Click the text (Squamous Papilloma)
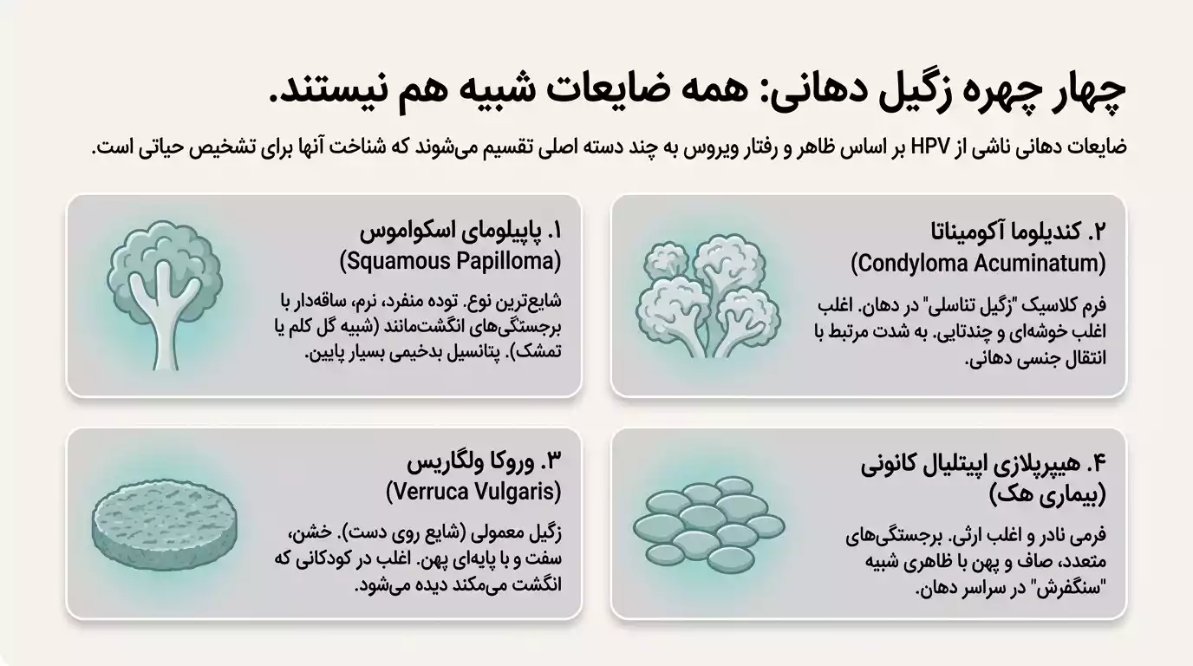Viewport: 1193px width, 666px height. click(450, 260)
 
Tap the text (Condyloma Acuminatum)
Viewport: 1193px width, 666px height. click(978, 263)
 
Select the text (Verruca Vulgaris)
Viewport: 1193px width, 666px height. click(473, 492)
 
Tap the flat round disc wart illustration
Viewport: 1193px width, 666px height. click(163, 523)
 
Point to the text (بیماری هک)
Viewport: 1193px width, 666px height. click(1047, 494)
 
